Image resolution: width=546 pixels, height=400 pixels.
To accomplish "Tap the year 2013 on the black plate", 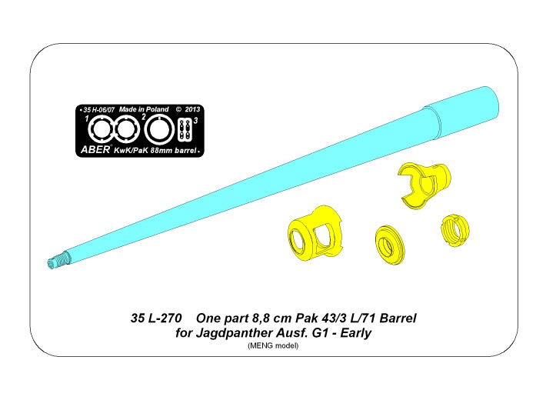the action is tap(192, 109).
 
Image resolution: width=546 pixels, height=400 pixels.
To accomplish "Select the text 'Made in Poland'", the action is tap(144, 109).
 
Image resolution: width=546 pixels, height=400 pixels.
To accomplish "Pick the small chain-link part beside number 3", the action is tap(185, 130).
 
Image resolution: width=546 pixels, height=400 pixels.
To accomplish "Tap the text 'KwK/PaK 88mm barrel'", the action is tap(155, 151).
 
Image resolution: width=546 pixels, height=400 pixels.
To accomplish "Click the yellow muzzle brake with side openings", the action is tap(315, 231).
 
